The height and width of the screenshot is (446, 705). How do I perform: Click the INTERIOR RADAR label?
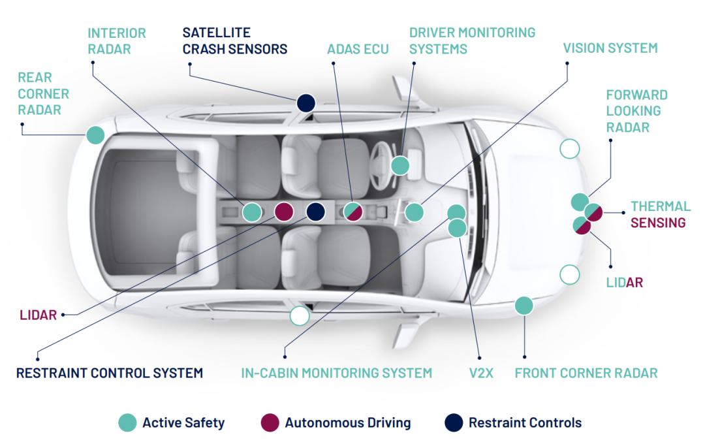pos(117,40)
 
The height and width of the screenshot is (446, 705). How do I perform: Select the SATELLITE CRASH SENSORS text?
pos(234,40)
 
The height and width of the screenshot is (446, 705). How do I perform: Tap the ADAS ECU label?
pos(358,49)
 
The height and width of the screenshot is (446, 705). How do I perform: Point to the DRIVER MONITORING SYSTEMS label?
pos(472,40)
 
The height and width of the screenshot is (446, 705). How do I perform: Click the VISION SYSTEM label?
pos(610,48)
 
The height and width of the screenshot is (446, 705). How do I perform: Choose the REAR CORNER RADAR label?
pos(43,93)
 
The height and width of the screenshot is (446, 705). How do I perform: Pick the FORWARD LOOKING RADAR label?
pos(636,111)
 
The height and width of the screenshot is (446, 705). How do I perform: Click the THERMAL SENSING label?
pos(659,214)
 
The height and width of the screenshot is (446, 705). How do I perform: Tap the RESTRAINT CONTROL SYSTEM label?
pos(110,373)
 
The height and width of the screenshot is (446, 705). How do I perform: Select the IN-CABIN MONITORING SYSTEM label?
pos(336,373)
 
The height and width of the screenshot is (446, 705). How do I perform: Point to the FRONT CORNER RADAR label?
pos(586,373)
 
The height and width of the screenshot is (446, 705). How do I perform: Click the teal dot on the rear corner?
pos(95,135)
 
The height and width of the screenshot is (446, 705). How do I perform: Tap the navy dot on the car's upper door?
pos(306,103)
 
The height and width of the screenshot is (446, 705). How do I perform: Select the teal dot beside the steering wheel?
pos(400,165)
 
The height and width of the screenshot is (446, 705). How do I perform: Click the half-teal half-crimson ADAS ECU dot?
pos(352,212)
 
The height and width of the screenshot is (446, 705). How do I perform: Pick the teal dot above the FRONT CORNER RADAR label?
pos(524,305)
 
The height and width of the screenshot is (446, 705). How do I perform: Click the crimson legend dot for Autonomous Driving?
pos(269,422)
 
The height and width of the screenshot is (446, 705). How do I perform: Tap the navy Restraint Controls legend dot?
pos(453,422)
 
